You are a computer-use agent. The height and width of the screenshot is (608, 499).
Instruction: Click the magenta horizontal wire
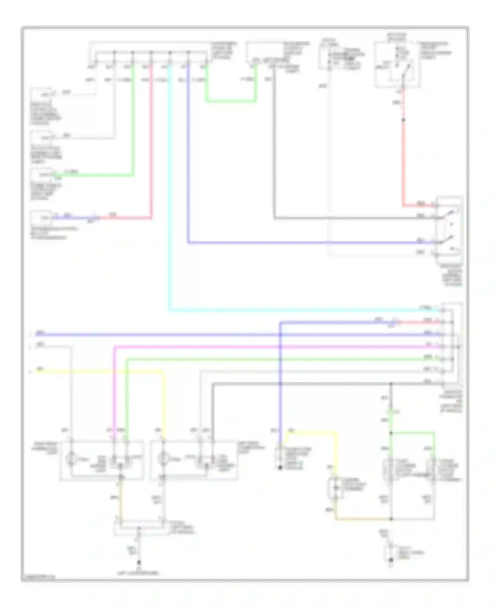click(266, 347)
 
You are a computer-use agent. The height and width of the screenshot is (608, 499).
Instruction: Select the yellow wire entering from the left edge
click(100, 370)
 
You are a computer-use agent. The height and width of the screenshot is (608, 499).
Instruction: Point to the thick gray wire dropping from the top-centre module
click(274, 150)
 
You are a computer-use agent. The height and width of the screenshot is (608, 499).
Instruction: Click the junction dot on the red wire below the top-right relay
click(403, 119)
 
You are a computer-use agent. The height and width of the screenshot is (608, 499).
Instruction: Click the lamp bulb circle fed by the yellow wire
click(163, 459)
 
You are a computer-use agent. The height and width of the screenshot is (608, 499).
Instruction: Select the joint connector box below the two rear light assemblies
click(140, 527)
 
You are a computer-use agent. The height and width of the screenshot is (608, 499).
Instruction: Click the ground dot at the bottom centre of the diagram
click(139, 563)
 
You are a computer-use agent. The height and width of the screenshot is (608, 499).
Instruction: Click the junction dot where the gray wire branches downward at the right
click(391, 384)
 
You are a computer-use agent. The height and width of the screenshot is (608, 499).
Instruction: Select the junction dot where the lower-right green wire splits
click(391, 433)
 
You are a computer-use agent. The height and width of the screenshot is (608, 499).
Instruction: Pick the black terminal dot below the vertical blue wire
click(280, 468)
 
